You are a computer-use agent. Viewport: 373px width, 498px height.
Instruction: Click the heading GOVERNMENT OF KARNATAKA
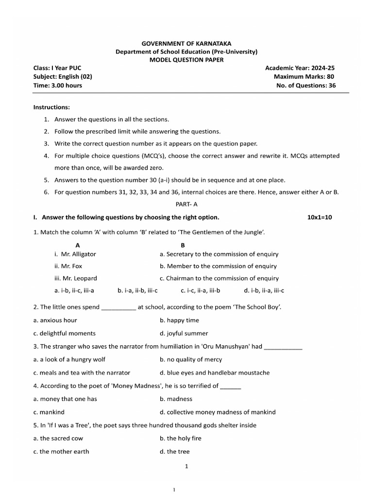(186, 43)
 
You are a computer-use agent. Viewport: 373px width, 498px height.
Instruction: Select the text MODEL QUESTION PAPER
(186, 60)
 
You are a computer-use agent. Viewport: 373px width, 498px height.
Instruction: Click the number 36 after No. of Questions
(331, 86)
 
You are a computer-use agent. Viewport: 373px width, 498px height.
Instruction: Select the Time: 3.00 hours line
(57, 86)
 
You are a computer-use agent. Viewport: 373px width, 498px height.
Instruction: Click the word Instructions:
(51, 107)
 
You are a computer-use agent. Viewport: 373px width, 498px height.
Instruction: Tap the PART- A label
(186, 205)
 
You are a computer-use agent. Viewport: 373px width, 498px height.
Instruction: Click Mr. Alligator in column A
(78, 254)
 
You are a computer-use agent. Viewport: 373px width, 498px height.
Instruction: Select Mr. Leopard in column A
(78, 278)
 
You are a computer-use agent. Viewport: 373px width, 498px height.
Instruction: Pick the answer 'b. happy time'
(179, 320)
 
